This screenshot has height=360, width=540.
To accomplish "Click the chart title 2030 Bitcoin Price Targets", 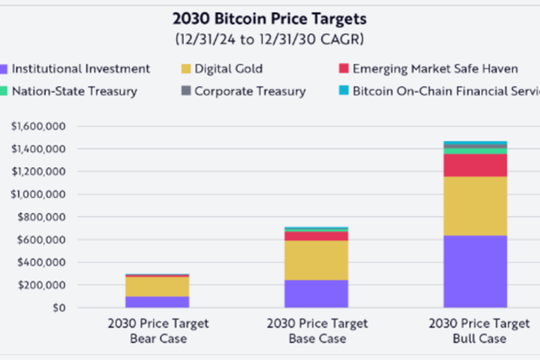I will (x=269, y=20).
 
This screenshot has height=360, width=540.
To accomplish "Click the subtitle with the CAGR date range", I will (x=269, y=40).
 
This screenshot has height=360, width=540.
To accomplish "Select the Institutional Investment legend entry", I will (x=76, y=67).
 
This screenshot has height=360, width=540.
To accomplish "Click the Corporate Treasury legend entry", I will (x=243, y=91).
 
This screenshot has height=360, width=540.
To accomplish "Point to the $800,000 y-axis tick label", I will (x=40, y=216).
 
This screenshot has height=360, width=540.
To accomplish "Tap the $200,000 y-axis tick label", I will (x=40, y=284).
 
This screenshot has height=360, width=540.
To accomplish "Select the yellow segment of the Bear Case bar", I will (x=157, y=286).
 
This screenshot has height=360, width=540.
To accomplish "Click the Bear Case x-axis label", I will (x=157, y=331).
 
